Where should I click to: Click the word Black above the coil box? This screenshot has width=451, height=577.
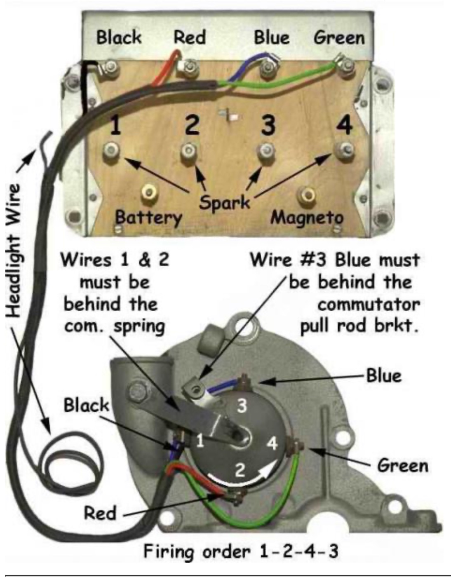(x=119, y=38)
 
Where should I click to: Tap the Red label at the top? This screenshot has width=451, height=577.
(x=189, y=38)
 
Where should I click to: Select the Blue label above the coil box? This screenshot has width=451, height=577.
(x=271, y=38)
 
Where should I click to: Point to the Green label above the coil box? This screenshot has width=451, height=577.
(x=339, y=38)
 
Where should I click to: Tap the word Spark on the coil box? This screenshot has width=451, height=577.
(x=225, y=202)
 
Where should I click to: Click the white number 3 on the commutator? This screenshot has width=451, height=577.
(x=242, y=406)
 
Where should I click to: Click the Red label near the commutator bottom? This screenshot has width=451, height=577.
(x=100, y=514)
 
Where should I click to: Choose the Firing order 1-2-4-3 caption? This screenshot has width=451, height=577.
(x=241, y=551)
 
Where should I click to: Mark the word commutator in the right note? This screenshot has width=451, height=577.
(x=369, y=305)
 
